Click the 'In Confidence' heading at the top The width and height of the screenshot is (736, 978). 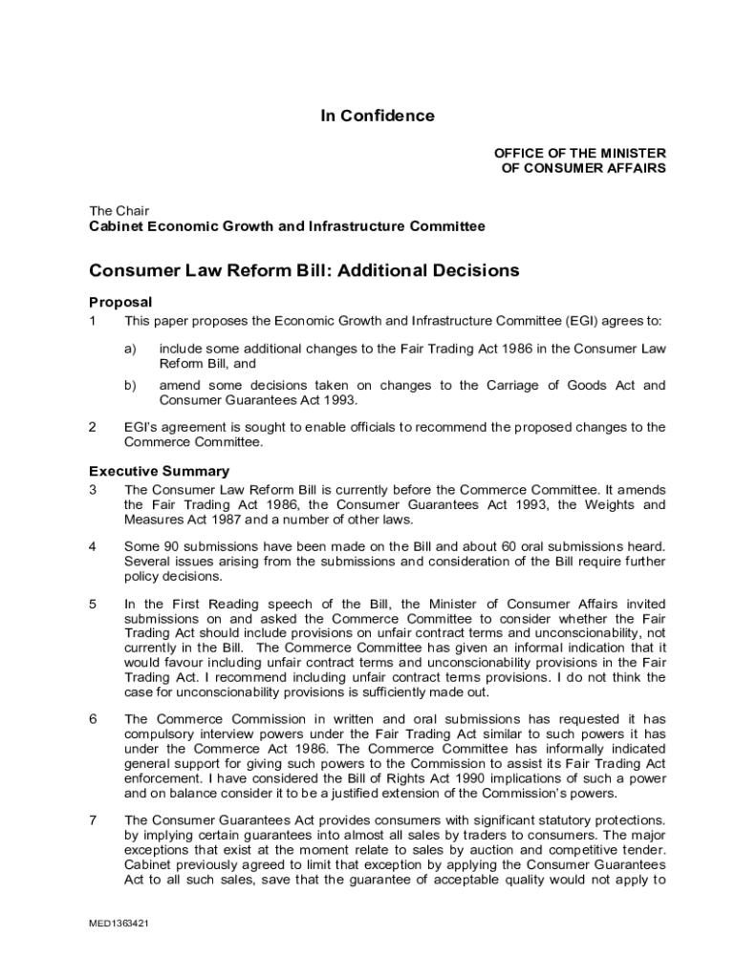377,117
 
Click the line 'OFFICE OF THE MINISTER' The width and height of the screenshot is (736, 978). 579,153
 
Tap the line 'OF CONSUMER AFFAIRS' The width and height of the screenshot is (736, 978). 583,168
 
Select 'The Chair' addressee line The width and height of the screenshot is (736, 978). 119,211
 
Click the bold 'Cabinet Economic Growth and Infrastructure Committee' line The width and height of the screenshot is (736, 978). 287,226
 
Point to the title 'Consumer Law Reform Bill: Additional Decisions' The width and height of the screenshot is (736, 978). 304,270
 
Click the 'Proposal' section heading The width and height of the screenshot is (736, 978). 120,302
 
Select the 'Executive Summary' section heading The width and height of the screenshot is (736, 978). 159,471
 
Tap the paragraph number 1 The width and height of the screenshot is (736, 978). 93,321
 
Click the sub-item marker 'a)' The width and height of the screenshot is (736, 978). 130,350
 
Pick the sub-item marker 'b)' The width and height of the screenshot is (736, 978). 130,386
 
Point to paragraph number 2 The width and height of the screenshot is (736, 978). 93,428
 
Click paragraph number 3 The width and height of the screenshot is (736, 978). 93,490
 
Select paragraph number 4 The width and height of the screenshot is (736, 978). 93,546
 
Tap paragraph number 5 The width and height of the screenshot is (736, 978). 93,605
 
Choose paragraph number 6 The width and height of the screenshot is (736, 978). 93,718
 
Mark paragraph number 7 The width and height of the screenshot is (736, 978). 93,819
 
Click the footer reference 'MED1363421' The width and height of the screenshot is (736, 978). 120,925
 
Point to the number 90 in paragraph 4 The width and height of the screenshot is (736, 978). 169,546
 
